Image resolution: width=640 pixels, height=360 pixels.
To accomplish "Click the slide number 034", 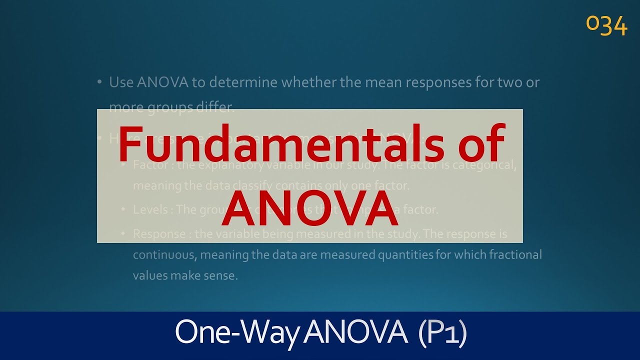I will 606,25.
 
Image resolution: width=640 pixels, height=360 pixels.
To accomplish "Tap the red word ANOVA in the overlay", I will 310,208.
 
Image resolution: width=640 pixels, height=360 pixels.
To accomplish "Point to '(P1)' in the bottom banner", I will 442,332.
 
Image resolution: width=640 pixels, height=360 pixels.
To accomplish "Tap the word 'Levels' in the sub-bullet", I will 150,209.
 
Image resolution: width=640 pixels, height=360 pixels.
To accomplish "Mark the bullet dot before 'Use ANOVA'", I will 100,81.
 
